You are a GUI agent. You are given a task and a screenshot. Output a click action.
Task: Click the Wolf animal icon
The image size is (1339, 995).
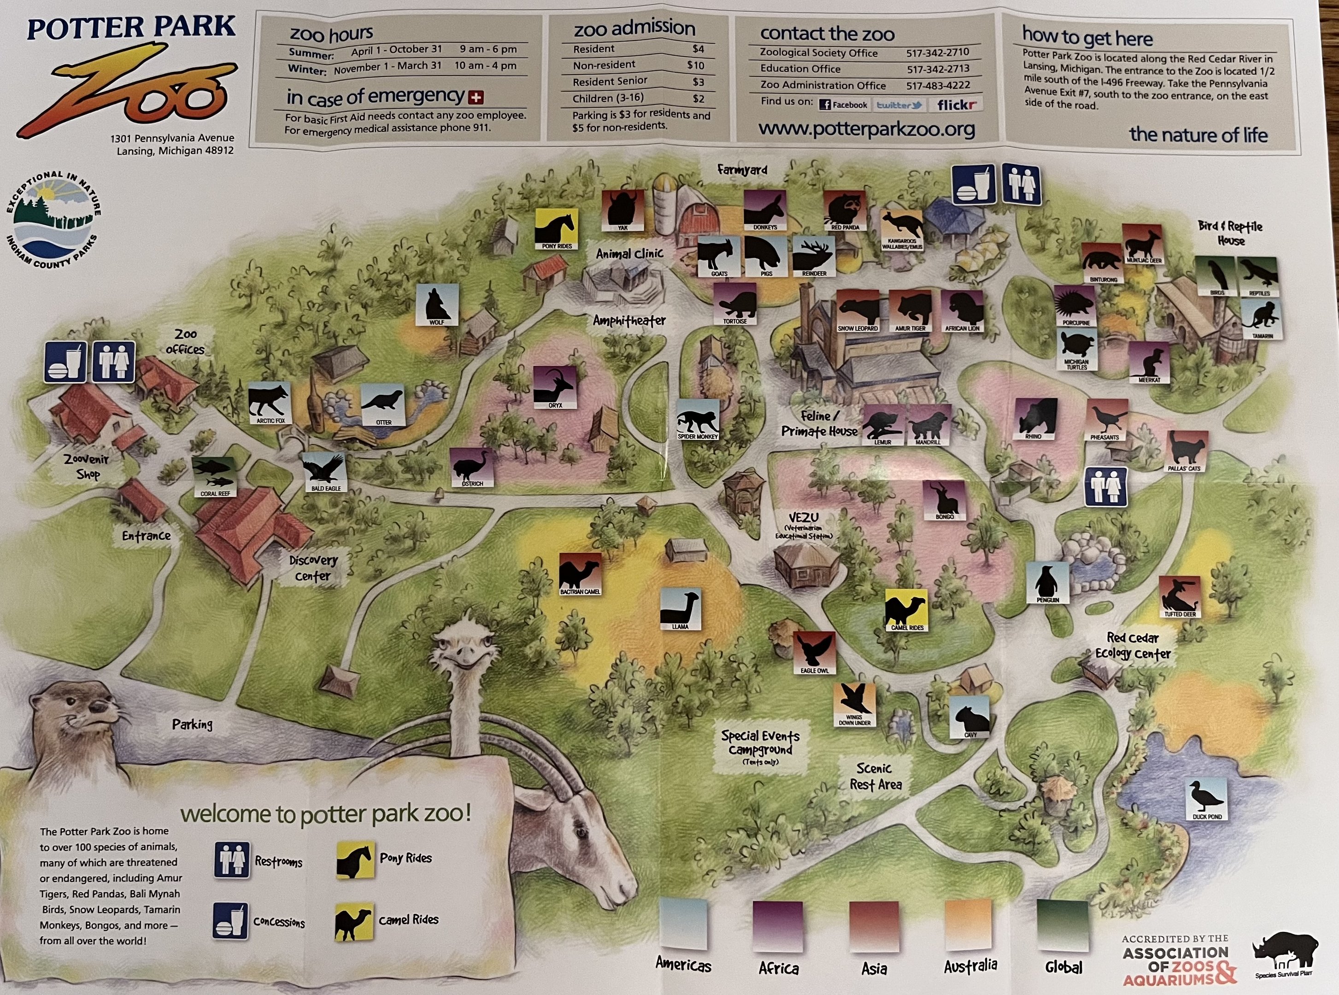(x=437, y=305)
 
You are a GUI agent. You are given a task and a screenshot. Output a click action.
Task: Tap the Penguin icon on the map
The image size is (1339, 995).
(x=1047, y=582)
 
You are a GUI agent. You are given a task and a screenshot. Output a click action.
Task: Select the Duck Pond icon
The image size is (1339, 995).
(x=1206, y=798)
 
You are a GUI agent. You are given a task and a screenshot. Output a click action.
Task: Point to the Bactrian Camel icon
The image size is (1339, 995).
(x=580, y=574)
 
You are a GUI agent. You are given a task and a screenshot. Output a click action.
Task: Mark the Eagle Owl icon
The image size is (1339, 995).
(x=814, y=652)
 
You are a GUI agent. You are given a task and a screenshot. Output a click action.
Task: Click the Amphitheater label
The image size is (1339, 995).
(x=629, y=321)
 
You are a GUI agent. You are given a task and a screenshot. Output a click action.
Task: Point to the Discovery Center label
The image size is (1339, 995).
(x=312, y=568)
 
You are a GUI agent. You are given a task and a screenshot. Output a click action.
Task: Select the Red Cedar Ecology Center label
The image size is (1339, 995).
(x=1133, y=646)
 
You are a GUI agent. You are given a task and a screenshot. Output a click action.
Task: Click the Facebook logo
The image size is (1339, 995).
(x=843, y=105)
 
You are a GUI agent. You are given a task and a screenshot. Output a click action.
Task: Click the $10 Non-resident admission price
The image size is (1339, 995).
(x=695, y=65)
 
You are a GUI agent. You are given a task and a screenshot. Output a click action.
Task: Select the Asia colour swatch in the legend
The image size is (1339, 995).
(x=874, y=926)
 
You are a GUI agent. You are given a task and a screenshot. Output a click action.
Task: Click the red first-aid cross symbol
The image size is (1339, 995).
(x=476, y=97)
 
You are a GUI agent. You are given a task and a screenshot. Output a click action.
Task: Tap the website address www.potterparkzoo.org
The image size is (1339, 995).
(x=866, y=128)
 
